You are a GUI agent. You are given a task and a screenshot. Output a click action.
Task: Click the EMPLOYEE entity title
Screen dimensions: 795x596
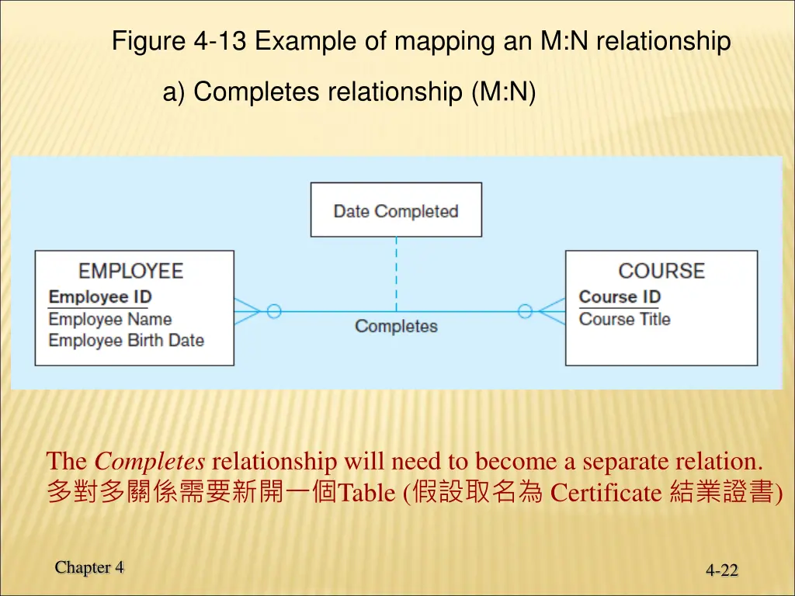coord(131,271)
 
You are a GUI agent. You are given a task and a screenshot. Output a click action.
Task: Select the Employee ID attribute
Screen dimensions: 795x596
coord(99,297)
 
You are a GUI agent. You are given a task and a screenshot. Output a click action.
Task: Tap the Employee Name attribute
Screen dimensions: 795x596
coord(109,319)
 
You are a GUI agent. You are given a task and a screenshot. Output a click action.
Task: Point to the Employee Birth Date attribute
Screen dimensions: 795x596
coord(126,340)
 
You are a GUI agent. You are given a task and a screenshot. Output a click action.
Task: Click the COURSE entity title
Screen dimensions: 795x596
coord(661,271)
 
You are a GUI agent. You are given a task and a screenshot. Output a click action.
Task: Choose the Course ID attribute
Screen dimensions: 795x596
coord(620,297)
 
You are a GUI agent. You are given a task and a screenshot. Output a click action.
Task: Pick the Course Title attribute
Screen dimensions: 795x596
coord(624,319)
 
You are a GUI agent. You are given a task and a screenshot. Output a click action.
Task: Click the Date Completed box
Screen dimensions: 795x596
coord(396,210)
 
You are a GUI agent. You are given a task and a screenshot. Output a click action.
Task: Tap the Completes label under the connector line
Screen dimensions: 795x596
coord(396,327)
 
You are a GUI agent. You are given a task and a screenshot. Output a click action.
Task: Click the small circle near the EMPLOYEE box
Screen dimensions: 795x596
coord(273,311)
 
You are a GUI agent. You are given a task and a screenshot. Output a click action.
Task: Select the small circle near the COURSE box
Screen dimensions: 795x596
coord(525,311)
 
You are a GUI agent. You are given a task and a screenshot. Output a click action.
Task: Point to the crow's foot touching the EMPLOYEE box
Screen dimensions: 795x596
coord(247,311)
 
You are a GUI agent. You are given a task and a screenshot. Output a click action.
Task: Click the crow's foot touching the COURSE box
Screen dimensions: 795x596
coord(552,311)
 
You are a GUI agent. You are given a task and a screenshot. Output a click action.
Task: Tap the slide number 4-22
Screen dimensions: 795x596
coord(722,570)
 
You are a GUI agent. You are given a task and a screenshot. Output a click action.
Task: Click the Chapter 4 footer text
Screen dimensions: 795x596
coord(89,567)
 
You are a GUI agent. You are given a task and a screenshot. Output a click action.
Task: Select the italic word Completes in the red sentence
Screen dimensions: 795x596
coord(149,462)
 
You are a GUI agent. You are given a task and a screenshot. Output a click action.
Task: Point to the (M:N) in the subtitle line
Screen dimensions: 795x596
coord(502,92)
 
